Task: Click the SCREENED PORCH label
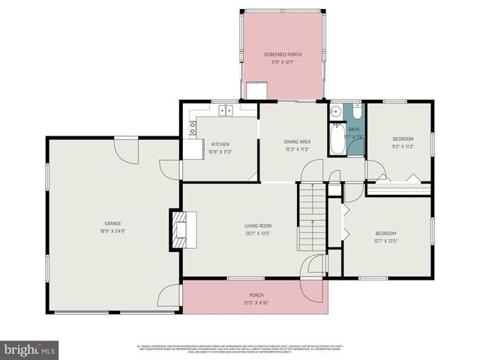coord(282,55)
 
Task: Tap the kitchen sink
coord(225,112)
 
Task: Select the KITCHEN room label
coord(220,144)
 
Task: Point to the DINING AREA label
coord(297,141)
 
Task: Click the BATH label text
coord(354,130)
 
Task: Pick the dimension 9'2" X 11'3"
coord(403,147)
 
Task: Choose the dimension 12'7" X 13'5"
coord(385,241)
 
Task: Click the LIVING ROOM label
coord(257,226)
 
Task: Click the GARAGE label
coord(112,223)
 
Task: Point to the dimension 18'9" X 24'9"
coord(112,231)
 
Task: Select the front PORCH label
coord(256,295)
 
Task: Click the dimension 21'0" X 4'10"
coord(256,303)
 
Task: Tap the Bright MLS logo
coord(30,349)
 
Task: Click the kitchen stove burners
coord(193,127)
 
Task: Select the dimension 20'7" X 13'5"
coord(257,233)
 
